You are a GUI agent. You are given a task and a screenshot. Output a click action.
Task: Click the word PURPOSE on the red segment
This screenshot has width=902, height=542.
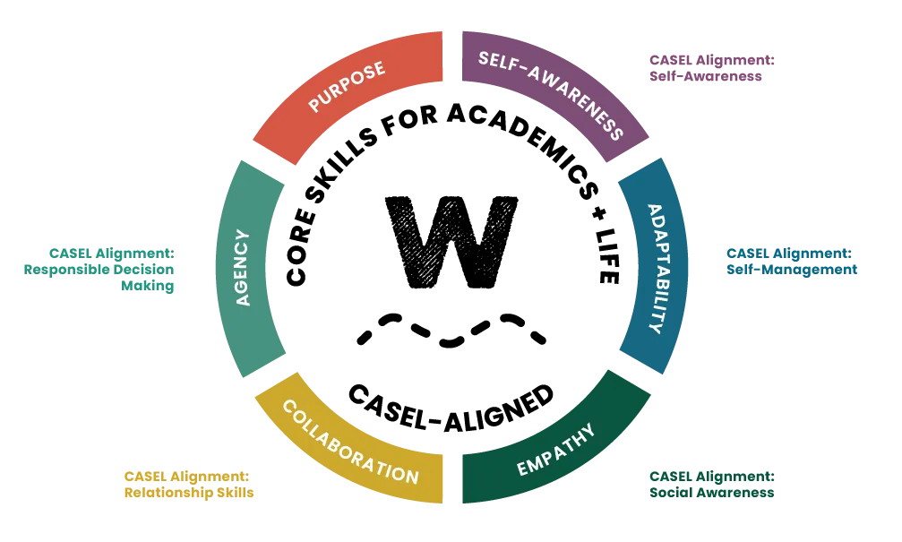coord(347,87)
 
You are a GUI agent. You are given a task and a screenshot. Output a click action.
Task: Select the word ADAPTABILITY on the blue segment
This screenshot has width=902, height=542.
coord(657,269)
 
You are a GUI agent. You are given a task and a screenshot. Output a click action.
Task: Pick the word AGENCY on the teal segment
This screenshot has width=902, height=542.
coord(243,268)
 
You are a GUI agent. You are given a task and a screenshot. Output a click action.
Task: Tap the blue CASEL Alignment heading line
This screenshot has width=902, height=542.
coord(788,252)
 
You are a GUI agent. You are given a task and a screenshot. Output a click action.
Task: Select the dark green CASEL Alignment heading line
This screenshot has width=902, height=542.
coord(710,475)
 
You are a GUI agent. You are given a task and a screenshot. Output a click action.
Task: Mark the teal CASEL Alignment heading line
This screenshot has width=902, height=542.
coord(113,252)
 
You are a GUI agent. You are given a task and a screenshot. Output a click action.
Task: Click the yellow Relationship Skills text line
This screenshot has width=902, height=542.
coord(190,493)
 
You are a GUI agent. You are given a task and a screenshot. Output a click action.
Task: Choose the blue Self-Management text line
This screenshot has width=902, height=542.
coord(792,269)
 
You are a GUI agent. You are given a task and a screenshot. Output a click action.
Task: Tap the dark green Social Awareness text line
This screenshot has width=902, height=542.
coord(710,493)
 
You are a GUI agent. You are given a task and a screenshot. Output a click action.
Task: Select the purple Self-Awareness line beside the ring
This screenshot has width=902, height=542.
coord(707,78)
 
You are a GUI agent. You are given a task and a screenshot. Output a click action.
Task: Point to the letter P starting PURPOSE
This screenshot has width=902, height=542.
coord(314,105)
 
